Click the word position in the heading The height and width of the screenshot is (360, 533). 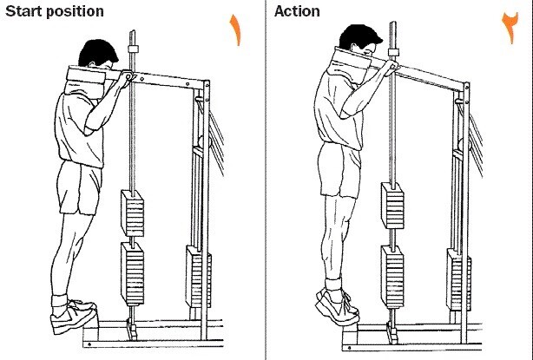[x=75, y=12]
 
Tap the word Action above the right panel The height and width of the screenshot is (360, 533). [x=297, y=11]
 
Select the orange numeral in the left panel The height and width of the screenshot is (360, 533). [x=235, y=29]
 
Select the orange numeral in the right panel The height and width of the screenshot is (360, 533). [x=510, y=27]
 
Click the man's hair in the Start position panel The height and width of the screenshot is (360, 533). [x=97, y=52]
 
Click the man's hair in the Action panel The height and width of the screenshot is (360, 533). [x=359, y=37]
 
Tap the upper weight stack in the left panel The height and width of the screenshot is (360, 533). [x=133, y=213]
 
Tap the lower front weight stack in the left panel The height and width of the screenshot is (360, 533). [x=133, y=274]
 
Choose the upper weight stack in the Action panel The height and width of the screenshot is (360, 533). [x=392, y=206]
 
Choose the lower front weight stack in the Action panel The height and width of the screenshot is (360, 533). [x=392, y=277]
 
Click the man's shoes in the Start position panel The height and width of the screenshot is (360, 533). [x=73, y=315]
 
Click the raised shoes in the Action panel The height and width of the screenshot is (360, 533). [x=337, y=305]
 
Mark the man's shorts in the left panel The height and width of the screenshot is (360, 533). [x=80, y=187]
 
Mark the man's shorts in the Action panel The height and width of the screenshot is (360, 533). [x=340, y=170]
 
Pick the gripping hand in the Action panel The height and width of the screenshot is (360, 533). [x=391, y=66]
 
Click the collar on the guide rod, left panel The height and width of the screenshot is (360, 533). [x=133, y=49]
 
